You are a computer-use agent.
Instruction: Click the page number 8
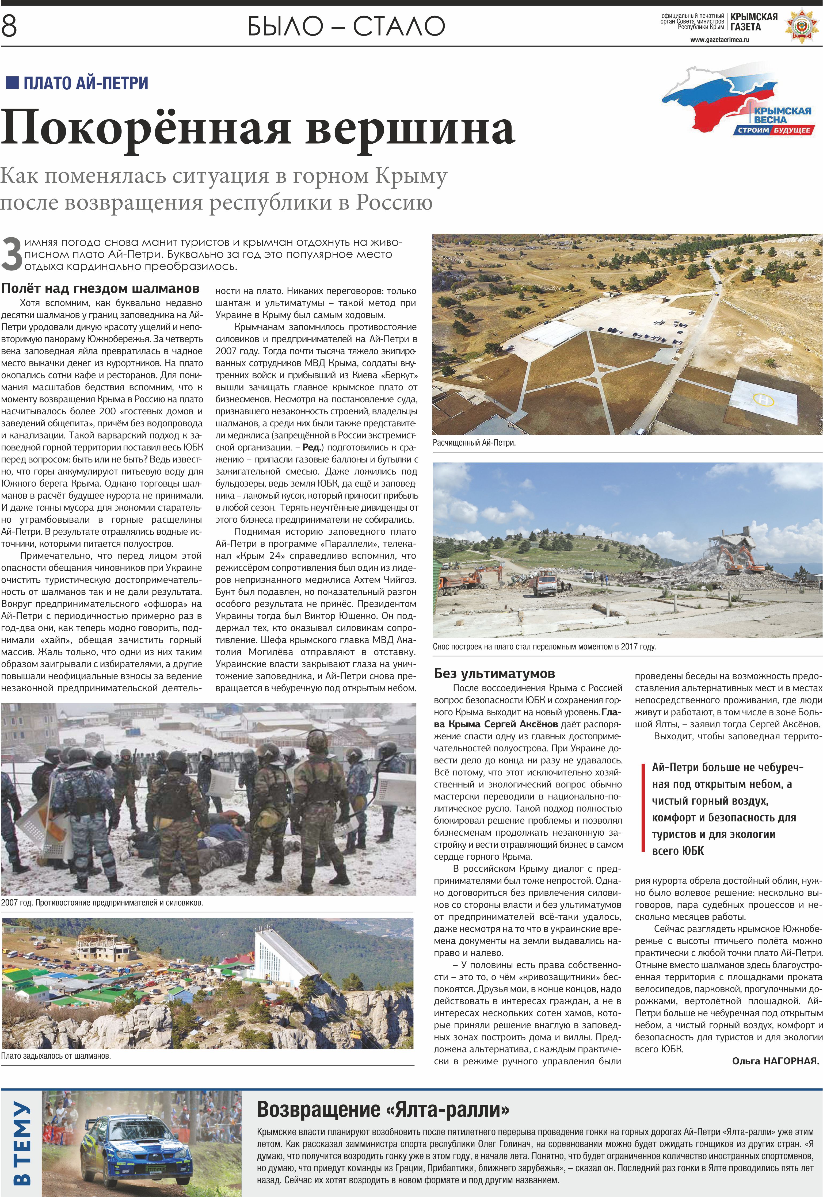coord(9,26)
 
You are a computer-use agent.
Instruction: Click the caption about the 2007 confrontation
coord(102,903)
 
